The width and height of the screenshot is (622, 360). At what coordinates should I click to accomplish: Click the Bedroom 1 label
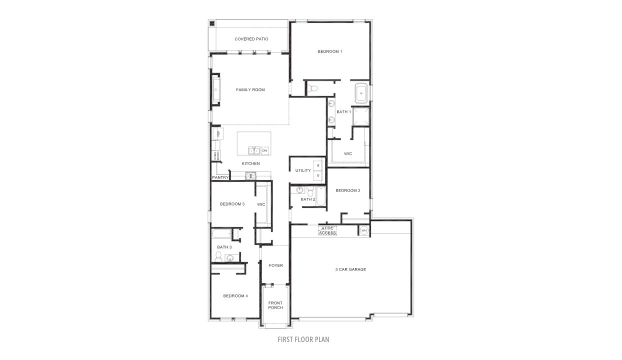[329, 51]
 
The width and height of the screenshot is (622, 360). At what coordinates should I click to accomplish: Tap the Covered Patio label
[251, 39]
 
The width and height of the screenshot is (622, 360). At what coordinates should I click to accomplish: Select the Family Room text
[250, 90]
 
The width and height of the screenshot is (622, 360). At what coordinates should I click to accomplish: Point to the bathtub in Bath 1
[361, 93]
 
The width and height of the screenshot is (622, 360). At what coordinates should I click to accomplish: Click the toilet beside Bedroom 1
[313, 88]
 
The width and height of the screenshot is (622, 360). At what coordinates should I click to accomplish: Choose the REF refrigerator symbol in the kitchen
[218, 133]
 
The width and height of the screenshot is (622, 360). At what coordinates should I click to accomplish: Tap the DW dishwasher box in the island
[265, 150]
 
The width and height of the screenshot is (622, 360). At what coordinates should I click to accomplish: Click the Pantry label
[220, 177]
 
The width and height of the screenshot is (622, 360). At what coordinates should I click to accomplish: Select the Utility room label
[303, 171]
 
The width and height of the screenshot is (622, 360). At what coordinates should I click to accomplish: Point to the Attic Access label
[328, 230]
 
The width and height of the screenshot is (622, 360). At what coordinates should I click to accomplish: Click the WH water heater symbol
[364, 230]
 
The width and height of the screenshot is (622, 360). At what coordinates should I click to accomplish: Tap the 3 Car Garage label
[350, 269]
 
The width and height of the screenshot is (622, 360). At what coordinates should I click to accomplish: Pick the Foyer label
[276, 265]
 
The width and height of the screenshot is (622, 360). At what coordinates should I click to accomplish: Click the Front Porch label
[275, 305]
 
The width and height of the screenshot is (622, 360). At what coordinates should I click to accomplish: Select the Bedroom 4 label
[235, 296]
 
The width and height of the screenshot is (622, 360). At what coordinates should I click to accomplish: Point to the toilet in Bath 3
[218, 256]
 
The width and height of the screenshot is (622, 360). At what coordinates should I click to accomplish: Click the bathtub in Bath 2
[320, 195]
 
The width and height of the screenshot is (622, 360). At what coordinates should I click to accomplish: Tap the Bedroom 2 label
[347, 190]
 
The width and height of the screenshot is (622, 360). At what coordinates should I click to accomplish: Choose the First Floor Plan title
[303, 339]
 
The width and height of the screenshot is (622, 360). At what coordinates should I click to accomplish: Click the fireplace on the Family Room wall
[216, 90]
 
